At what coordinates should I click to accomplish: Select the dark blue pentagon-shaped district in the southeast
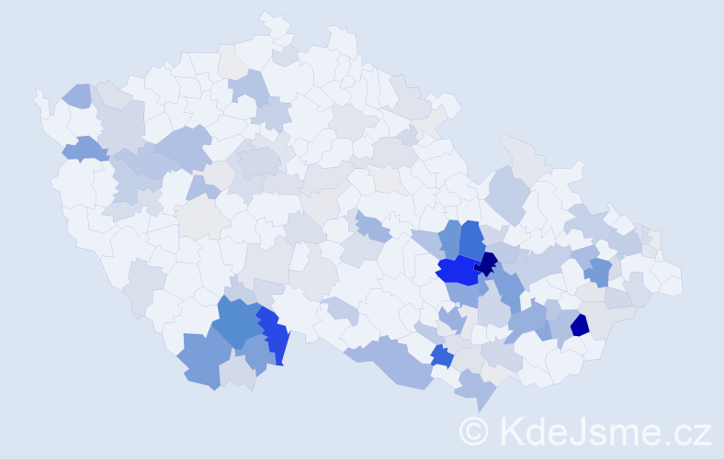pyautogui.click(x=580, y=325)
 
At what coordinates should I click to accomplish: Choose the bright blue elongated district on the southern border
pyautogui.click(x=275, y=335)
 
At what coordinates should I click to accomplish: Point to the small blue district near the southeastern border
pyautogui.click(x=442, y=356)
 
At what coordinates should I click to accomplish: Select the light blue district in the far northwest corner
pyautogui.click(x=77, y=95)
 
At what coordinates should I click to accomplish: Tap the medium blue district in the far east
pyautogui.click(x=599, y=271)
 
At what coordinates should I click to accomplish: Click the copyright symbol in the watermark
pyautogui.click(x=474, y=431)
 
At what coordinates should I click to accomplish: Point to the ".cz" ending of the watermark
pyautogui.click(x=688, y=431)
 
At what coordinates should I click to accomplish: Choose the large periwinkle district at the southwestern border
pyautogui.click(x=200, y=360)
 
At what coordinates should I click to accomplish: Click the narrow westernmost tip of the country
pyautogui.click(x=39, y=96)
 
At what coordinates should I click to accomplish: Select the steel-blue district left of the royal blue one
pyautogui.click(x=449, y=238)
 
